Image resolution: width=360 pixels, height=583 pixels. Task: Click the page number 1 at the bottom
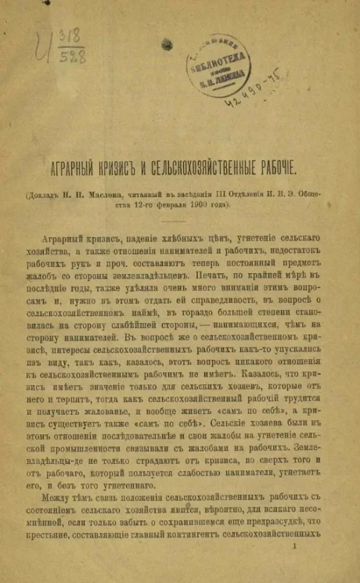(x=293, y=552)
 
